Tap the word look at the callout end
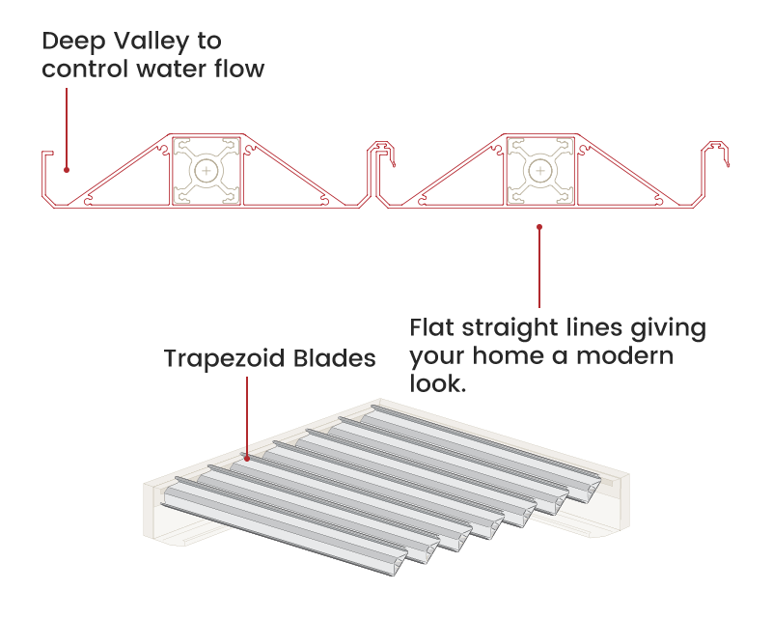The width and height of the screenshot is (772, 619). coord(435,383)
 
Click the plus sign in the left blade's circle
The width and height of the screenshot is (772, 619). coord(206,171)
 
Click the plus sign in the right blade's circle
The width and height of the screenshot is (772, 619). coord(539,171)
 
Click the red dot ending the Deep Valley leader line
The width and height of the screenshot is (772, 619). coord(66,170)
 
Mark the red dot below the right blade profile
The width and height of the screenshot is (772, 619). coord(539,227)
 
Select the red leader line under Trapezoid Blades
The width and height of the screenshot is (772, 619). coord(247,415)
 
